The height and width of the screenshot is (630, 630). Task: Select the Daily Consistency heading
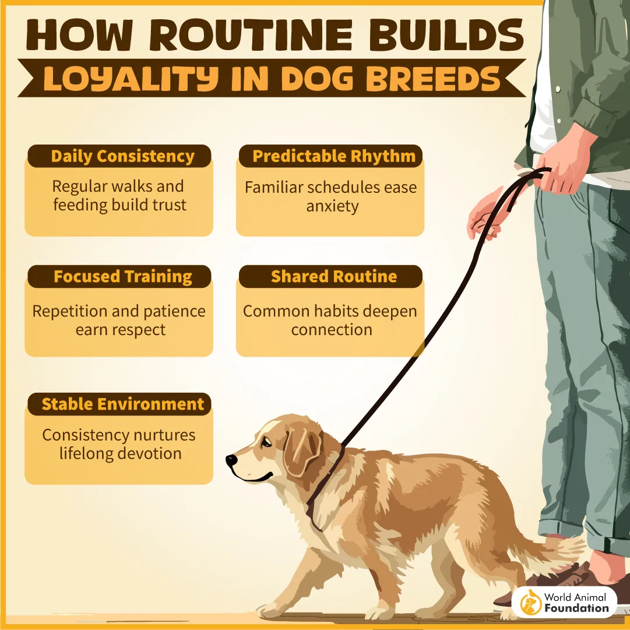pos(122,157)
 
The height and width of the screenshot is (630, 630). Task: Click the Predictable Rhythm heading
pos(334,156)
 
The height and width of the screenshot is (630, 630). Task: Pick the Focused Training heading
pos(122,277)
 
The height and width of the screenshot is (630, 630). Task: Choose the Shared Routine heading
pos(333,277)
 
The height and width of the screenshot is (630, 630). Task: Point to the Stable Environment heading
pos(122,404)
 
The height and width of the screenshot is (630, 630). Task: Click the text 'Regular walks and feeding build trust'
pos(119,196)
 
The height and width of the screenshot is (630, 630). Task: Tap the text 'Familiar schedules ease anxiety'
pos(330,196)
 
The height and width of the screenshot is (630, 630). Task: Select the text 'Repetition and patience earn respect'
pos(119,320)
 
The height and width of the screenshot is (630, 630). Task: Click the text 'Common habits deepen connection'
pos(330,320)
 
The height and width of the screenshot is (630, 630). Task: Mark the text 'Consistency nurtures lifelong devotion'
pos(119,444)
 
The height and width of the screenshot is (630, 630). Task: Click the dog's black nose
pos(231,460)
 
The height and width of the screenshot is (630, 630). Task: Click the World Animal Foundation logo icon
pos(530,602)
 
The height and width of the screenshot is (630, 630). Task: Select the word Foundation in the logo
pos(576,608)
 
